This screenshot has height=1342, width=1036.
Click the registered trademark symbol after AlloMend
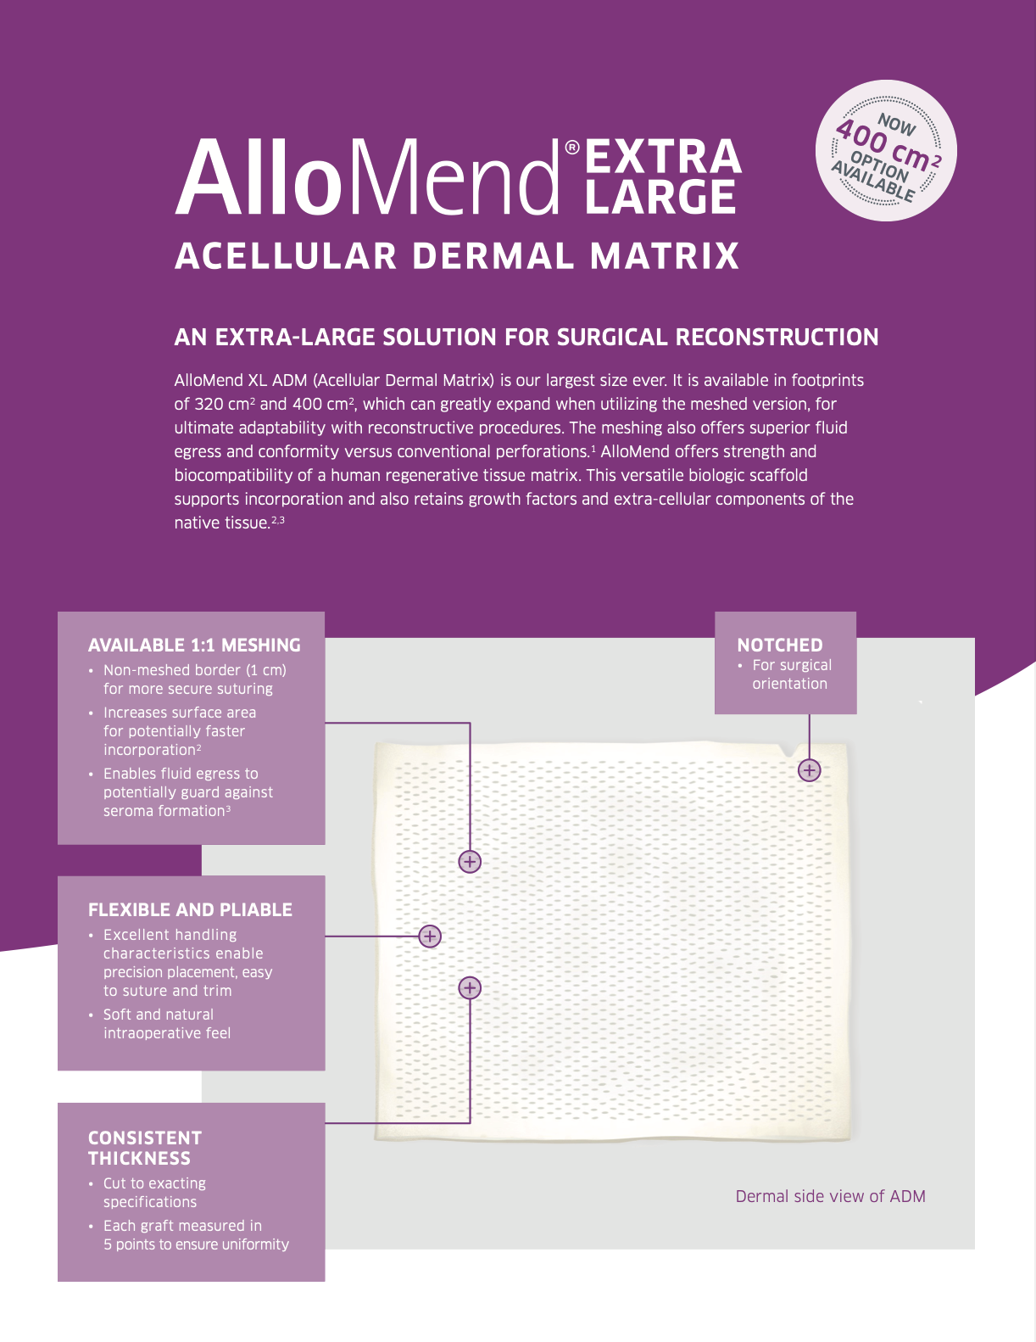572,148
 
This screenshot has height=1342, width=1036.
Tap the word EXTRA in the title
663,158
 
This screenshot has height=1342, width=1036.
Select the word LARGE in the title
660,197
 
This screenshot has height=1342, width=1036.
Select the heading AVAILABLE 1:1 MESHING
194,646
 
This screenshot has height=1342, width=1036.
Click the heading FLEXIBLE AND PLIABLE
190,910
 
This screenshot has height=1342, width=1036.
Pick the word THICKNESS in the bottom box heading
139,1159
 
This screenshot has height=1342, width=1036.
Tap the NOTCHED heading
780,646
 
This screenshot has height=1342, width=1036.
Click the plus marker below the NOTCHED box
810,770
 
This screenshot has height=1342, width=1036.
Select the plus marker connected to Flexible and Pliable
430,937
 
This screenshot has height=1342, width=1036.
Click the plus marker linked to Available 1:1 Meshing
470,862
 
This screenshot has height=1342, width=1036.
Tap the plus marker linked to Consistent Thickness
470,987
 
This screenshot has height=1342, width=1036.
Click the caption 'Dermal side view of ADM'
830,1197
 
